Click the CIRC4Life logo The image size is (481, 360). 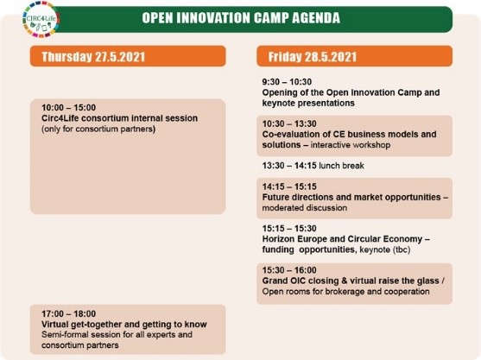(x=41, y=19)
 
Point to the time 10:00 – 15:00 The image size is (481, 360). (x=69, y=108)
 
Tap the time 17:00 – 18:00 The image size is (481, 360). (x=69, y=313)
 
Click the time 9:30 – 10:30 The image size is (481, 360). (x=287, y=82)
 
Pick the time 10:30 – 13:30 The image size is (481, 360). (x=289, y=123)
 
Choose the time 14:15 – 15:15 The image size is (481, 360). (x=289, y=186)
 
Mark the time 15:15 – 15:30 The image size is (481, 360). (x=289, y=229)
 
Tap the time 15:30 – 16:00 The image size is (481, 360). (x=289, y=270)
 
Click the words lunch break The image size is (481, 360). (x=341, y=166)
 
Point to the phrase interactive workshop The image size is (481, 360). (x=351, y=145)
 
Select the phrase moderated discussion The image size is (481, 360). (x=305, y=207)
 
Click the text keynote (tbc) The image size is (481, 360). (x=385, y=249)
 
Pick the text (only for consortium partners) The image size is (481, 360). (x=98, y=129)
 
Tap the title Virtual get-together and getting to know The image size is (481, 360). (x=124, y=324)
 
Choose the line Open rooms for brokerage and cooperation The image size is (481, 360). (x=345, y=291)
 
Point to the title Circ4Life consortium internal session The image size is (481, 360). (x=120, y=118)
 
